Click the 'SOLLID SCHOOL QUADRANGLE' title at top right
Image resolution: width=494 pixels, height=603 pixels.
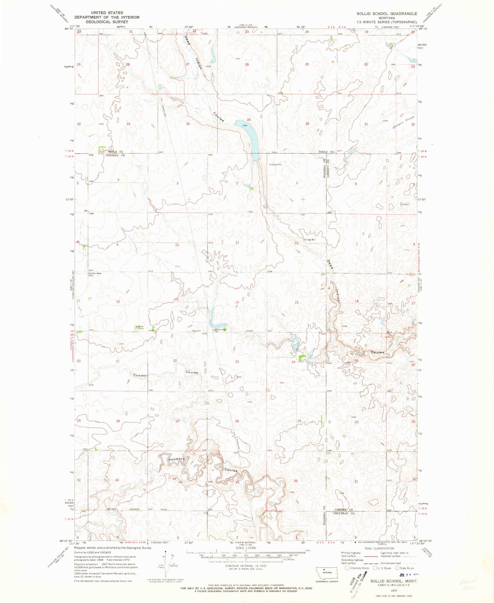coord(387,14)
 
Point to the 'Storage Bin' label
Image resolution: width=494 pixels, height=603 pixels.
coord(309,240)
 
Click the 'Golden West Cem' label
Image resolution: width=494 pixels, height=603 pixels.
coord(95,274)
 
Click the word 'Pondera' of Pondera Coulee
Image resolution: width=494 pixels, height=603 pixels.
coord(176,459)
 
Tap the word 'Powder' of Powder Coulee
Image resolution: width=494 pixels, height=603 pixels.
coord(140,375)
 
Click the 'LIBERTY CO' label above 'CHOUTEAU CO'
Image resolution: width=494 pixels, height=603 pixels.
coord(343,510)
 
